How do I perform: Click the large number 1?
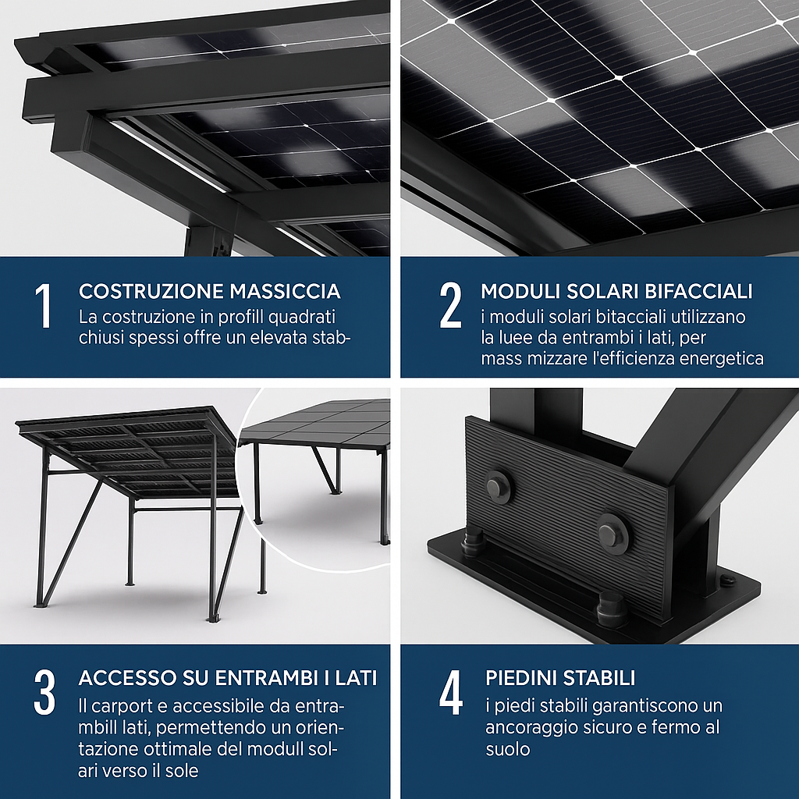[44, 305]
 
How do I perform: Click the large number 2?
[450, 305]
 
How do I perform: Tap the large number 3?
[44, 693]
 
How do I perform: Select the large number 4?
[451, 693]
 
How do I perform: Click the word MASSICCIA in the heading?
[285, 292]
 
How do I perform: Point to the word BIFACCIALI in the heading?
[698, 291]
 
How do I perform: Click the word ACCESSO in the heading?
[127, 678]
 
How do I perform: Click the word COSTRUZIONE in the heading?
[151, 292]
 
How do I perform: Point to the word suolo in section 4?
[507, 749]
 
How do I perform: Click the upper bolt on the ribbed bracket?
[497, 486]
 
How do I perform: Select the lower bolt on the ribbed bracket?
[612, 532]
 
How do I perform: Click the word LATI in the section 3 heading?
[353, 678]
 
